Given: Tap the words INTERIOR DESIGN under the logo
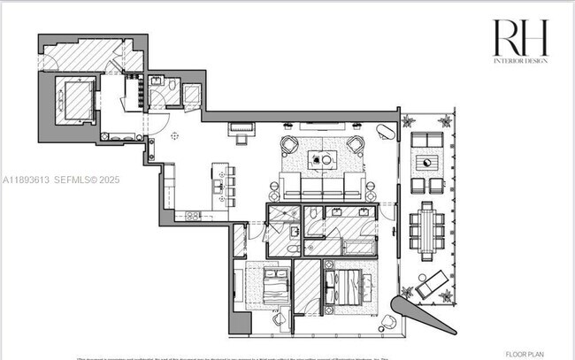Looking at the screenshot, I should (520, 60).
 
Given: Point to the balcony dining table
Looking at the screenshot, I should (428, 230).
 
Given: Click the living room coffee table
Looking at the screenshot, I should (322, 160).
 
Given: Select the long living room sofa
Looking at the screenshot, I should (322, 188).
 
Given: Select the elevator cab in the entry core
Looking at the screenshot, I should (76, 99).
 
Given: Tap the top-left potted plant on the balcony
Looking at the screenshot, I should (409, 119).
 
